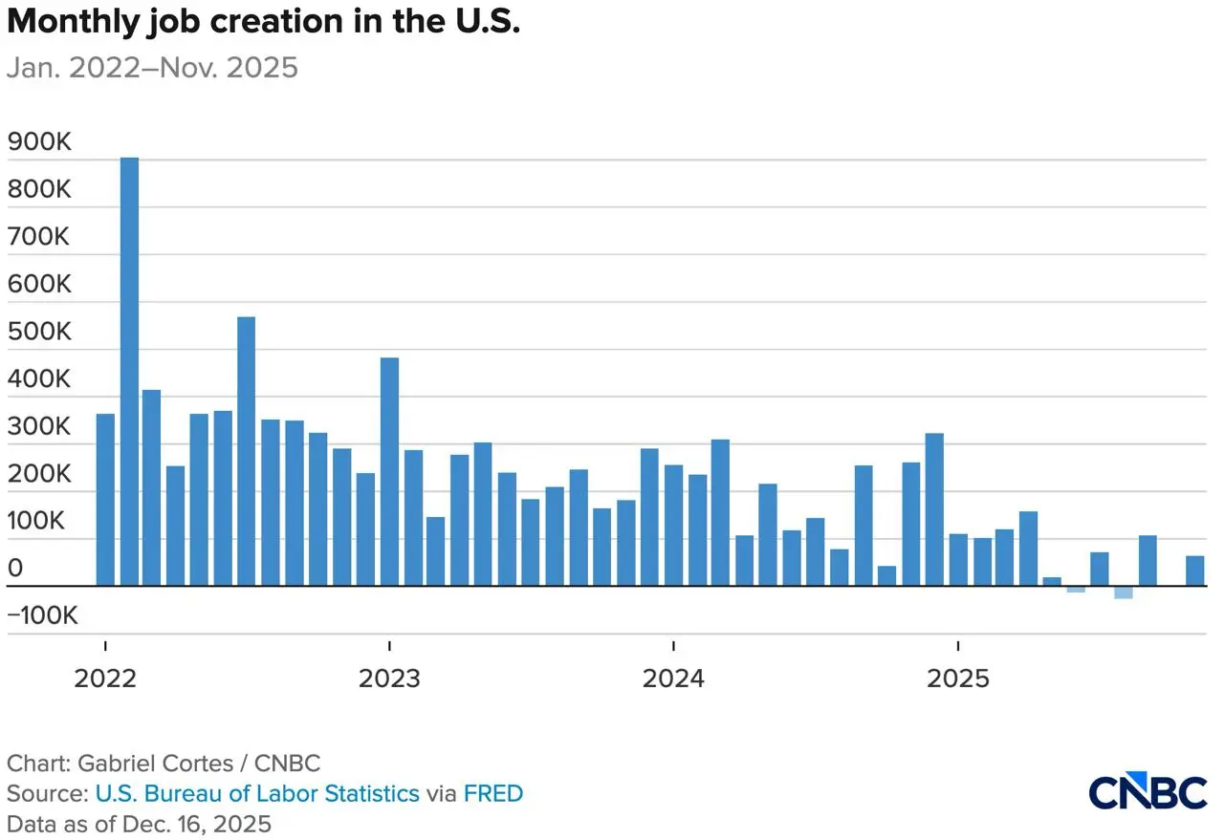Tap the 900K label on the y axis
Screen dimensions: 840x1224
[x=39, y=142]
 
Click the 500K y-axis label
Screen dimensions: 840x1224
[x=39, y=332]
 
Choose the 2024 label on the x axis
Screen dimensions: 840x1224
[x=673, y=678]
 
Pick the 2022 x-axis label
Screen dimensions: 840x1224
[x=105, y=678]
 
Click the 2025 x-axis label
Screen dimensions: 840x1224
[x=958, y=678]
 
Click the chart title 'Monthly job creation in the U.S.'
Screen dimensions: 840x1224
[x=264, y=23]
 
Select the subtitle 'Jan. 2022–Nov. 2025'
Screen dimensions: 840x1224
[x=153, y=68]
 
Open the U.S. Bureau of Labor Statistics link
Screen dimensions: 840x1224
[x=257, y=793]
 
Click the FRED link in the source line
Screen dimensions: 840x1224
[x=493, y=793]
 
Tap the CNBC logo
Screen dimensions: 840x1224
[x=1148, y=793]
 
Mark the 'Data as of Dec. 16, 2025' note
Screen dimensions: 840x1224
[x=140, y=823]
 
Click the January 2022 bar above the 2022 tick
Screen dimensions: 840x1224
[x=105, y=500]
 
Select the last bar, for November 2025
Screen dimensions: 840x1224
[x=1195, y=571]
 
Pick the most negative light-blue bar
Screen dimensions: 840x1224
[x=1124, y=592]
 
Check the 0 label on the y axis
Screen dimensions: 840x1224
[x=15, y=570]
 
